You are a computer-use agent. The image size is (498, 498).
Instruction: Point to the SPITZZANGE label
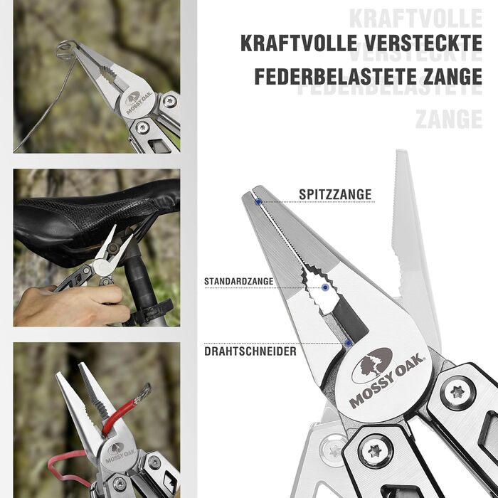click(x=335, y=194)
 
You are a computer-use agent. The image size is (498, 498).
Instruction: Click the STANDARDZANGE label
click(x=238, y=282)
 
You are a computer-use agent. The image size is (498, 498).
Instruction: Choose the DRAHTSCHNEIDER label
click(x=250, y=351)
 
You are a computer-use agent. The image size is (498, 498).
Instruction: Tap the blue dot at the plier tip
click(x=258, y=201)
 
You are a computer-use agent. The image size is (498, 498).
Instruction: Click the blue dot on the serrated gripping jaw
click(x=325, y=287)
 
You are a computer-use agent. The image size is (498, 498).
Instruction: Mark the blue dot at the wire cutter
click(x=349, y=343)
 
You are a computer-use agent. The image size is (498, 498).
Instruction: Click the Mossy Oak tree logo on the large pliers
click(x=372, y=365)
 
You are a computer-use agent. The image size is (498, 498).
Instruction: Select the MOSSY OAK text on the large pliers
click(x=387, y=381)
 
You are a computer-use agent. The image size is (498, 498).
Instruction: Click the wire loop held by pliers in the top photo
click(x=65, y=49)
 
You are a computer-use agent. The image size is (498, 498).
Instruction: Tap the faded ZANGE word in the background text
click(x=449, y=119)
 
